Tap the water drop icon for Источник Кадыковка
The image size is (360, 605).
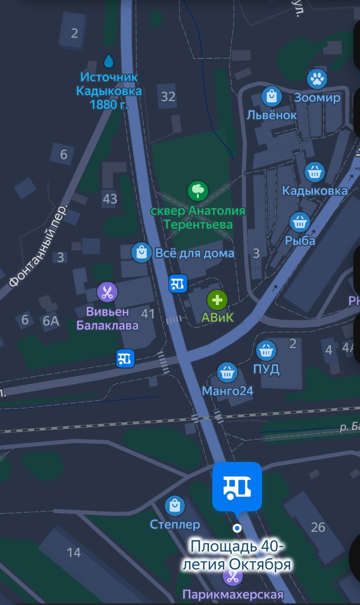point(108,62)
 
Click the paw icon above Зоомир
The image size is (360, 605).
point(317,79)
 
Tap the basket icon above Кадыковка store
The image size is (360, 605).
point(315,172)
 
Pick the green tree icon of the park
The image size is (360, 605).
point(198,191)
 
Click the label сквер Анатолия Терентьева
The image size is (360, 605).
point(198,217)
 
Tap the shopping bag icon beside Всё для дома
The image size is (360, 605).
point(142,253)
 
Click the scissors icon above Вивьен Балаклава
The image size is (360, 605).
point(107,291)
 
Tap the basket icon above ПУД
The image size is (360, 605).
point(266,350)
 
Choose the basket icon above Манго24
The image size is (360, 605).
point(227,373)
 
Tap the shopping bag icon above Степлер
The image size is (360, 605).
point(175,505)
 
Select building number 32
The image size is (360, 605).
point(168,96)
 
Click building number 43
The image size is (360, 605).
point(110,199)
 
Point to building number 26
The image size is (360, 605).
point(318,527)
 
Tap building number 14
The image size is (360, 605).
point(74,553)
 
